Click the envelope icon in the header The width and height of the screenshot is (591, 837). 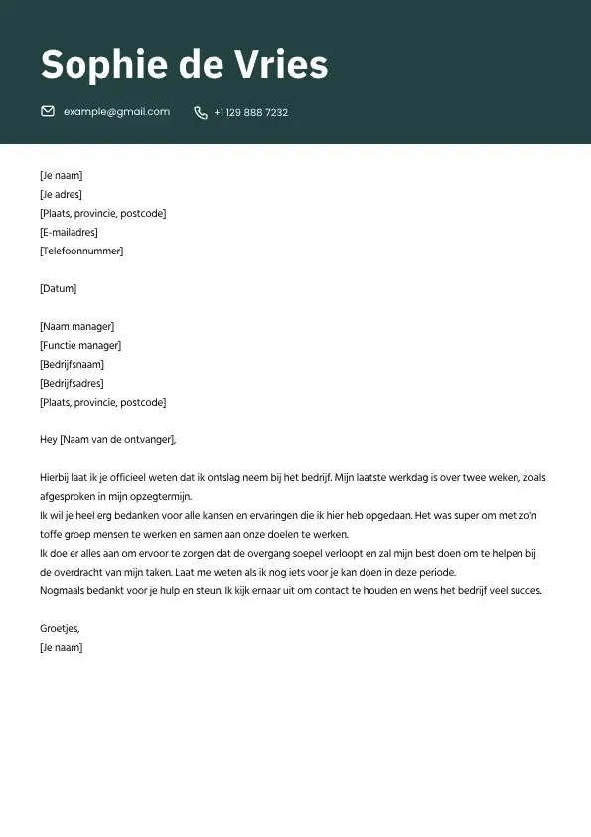[x=47, y=112]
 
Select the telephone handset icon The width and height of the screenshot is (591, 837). [x=201, y=113]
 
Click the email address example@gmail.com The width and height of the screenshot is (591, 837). [x=116, y=112]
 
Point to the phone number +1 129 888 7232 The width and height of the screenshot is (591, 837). [x=251, y=113]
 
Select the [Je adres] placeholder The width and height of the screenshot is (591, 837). [x=61, y=195]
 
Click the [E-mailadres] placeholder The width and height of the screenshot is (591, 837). [x=69, y=233]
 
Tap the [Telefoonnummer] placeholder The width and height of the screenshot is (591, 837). [x=81, y=251]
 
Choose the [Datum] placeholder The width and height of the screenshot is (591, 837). [x=58, y=289]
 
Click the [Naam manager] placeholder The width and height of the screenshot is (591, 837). [x=76, y=327]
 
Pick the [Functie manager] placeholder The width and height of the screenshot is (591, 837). [x=80, y=346]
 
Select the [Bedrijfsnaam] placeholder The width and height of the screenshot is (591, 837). [x=72, y=365]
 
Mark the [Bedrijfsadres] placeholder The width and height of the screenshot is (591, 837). [x=72, y=384]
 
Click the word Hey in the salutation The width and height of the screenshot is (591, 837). [x=48, y=440]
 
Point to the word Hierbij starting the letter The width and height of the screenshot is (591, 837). [x=57, y=478]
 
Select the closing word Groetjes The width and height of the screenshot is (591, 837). [x=59, y=629]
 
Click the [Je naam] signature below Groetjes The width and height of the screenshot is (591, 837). [x=61, y=648]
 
